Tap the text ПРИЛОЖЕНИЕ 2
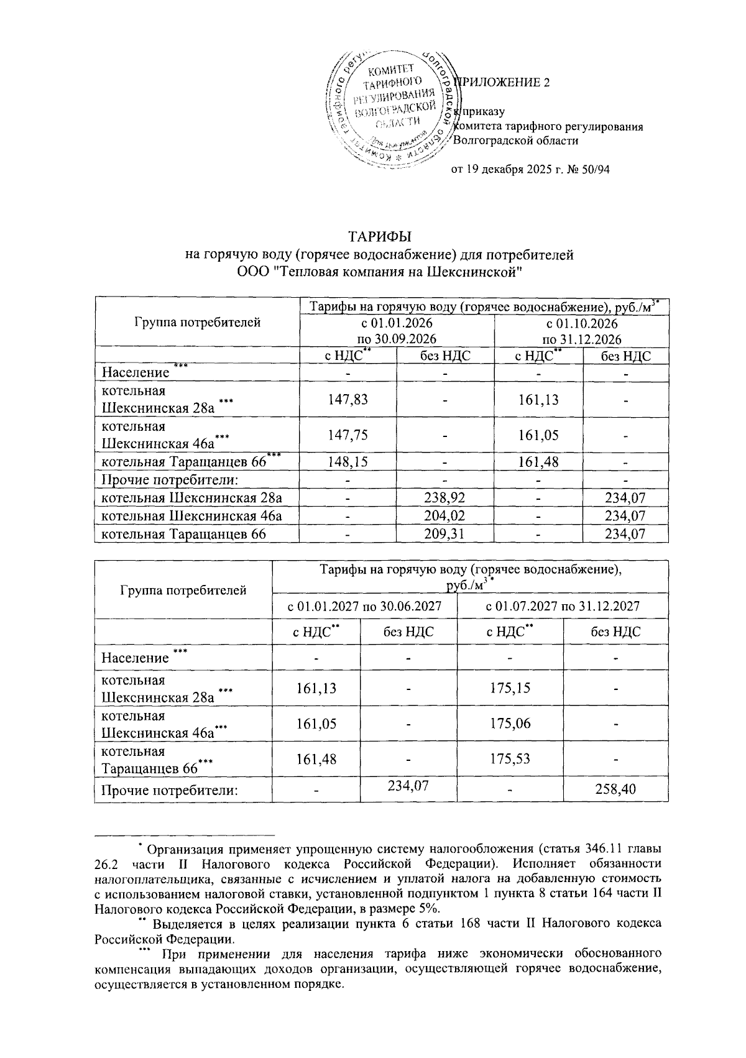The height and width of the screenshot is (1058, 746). pos(504,83)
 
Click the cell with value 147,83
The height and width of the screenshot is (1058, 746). pos(348,399)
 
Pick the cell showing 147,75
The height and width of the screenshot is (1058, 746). pos(348,435)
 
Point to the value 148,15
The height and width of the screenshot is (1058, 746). pos(348,462)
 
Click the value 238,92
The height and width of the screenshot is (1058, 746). pos(445,498)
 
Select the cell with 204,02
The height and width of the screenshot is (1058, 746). pos(445,516)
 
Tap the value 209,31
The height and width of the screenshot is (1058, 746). pos(445,534)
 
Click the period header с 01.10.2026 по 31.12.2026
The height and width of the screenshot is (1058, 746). pos(581,331)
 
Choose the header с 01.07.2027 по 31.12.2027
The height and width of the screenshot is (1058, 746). pos(562,606)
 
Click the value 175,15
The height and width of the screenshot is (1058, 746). pos(509,689)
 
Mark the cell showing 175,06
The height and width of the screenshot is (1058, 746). pos(509,724)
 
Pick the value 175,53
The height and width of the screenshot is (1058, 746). pos(509,760)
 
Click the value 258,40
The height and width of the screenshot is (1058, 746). pos(615,789)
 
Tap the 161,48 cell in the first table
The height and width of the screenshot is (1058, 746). pos(538,462)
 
